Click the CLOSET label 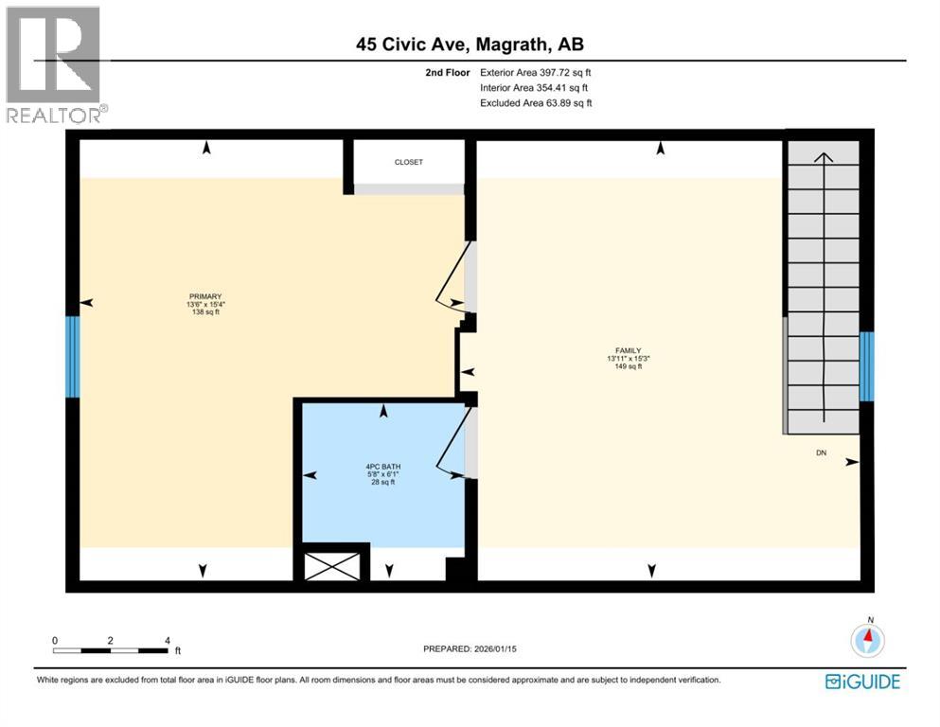click(409, 163)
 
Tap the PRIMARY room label click(205, 296)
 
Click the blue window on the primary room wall click(72, 356)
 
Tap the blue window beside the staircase click(866, 366)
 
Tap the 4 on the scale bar click(168, 640)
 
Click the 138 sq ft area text click(205, 312)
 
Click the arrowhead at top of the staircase click(824, 156)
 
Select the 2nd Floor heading click(448, 72)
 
